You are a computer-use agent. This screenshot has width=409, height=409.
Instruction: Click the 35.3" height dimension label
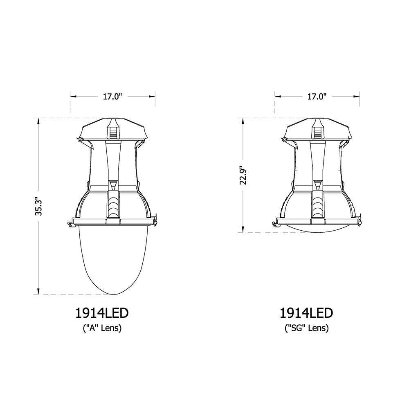[38, 206]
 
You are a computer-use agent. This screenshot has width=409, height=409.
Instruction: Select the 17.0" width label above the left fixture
[112, 97]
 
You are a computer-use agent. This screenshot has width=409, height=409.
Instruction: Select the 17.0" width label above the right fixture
[317, 97]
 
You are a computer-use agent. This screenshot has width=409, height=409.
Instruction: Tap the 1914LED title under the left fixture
[102, 313]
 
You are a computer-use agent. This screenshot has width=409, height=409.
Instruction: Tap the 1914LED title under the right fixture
[306, 313]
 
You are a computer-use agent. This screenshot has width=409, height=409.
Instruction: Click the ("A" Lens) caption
[102, 328]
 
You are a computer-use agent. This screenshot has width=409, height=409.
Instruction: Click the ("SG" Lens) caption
[307, 328]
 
